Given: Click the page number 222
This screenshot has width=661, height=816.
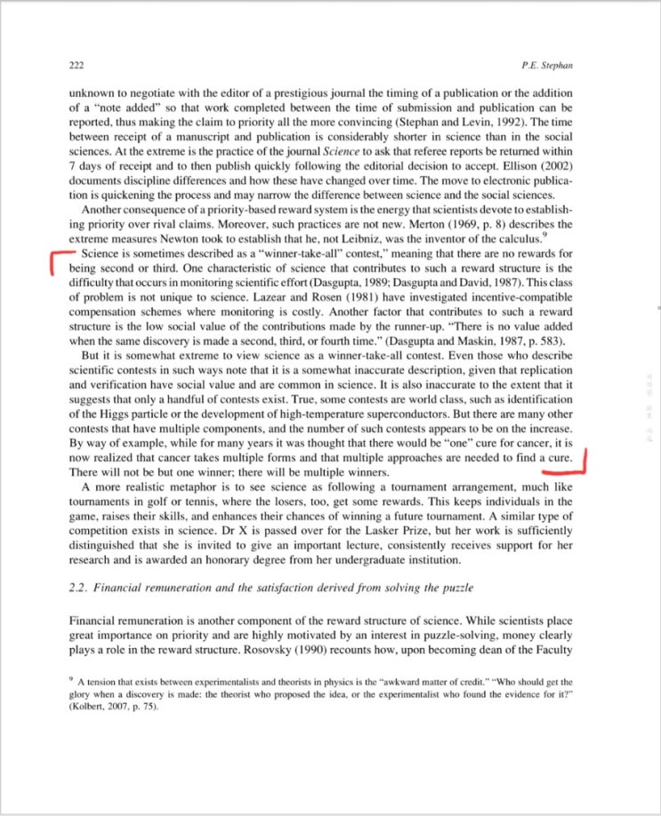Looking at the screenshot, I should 76,66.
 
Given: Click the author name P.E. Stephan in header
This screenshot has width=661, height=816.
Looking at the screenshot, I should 549,66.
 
